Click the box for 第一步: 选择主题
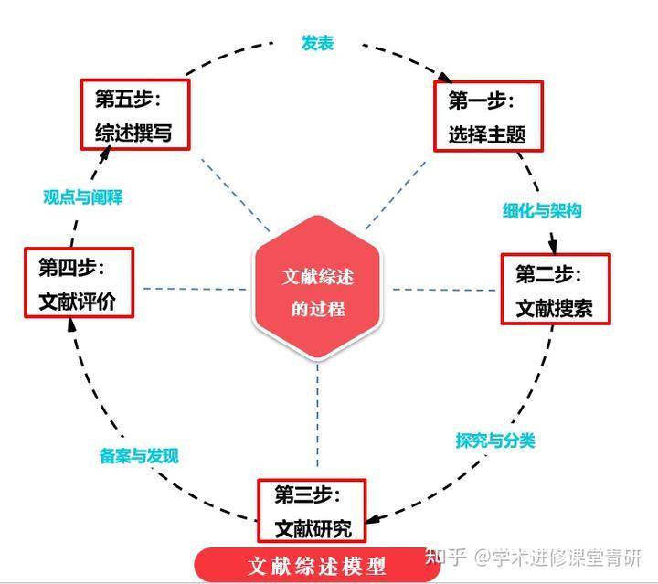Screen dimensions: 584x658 tap(488, 116)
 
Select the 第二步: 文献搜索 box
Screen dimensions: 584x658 tap(555, 289)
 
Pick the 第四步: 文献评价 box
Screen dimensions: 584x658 tap(79, 283)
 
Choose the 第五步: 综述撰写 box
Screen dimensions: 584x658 tap(134, 116)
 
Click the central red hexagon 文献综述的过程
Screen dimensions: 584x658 tap(317, 289)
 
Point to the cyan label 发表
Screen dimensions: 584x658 tap(317, 43)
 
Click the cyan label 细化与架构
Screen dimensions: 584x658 tap(542, 210)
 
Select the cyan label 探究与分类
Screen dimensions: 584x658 tap(495, 440)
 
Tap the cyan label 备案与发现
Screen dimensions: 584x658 tap(139, 455)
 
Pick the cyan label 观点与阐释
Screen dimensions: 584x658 tap(83, 196)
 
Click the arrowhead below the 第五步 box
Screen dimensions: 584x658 tap(104, 153)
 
